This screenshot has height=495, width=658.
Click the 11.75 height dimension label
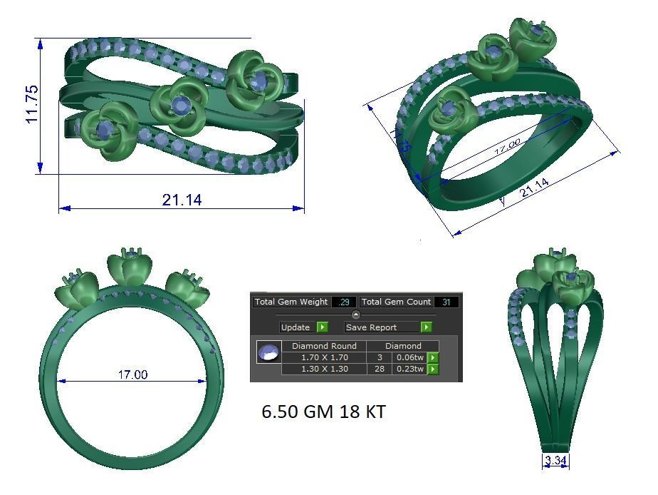[x=32, y=104]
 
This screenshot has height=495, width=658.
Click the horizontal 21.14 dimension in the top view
[x=182, y=200]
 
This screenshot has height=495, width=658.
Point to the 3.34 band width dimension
[x=555, y=461]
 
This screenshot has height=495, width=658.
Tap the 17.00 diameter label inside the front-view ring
[x=132, y=374]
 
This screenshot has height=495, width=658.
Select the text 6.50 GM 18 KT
[x=323, y=412]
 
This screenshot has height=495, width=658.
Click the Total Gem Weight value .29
[x=343, y=302]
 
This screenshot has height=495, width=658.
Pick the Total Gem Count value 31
[x=446, y=302]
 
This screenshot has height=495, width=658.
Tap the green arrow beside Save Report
[x=426, y=327]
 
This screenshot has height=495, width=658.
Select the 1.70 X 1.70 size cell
[x=325, y=357]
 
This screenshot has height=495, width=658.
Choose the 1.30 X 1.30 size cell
[x=325, y=369]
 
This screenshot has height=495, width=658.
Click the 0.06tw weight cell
[x=409, y=357]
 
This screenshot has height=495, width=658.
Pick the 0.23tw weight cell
[x=409, y=369]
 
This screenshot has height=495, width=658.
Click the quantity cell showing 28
[x=380, y=369]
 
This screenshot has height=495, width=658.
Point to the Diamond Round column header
[x=325, y=346]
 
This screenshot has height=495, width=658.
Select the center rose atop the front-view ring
[x=130, y=266]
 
